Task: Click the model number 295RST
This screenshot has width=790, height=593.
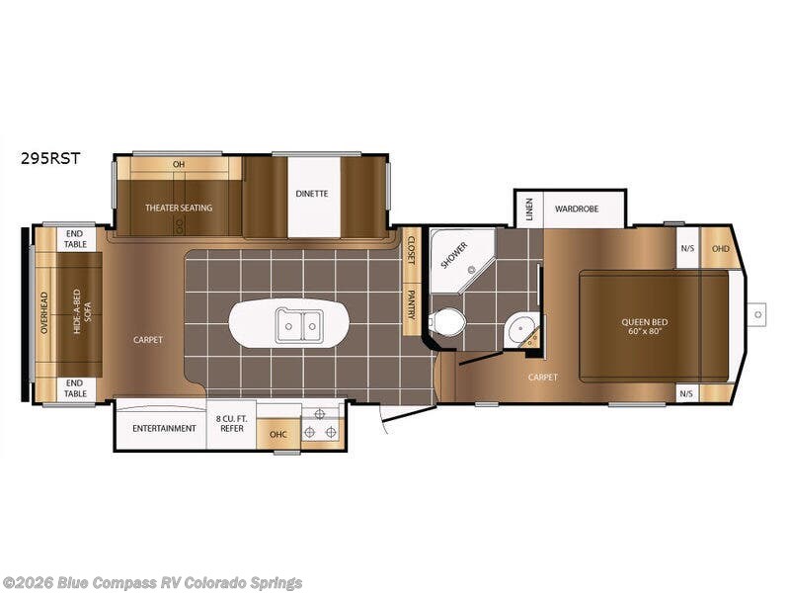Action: click(50, 158)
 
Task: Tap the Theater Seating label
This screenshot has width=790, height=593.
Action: click(179, 208)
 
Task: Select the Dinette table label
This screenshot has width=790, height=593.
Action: click(312, 194)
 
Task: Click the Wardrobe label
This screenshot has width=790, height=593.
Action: click(577, 209)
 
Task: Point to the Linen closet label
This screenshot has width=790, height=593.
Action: click(528, 209)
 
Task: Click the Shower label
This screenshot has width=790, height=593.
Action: click(454, 255)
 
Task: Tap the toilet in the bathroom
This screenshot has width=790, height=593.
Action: click(446, 321)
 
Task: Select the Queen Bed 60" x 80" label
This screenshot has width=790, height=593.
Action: click(645, 326)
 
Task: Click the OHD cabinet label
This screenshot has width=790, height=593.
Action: click(720, 248)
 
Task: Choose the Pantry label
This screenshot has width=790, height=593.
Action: click(411, 304)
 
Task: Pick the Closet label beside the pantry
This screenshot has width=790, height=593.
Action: click(411, 251)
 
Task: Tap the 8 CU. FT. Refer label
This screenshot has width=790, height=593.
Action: click(232, 424)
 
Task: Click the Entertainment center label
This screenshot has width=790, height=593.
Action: click(164, 428)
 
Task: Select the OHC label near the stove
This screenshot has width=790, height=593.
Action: click(278, 434)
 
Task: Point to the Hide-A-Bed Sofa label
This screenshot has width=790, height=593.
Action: click(82, 311)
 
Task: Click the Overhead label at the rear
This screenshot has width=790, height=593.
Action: click(44, 312)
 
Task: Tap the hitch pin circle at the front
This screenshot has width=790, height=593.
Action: click(758, 314)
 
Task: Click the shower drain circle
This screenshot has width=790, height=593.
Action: click(472, 270)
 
